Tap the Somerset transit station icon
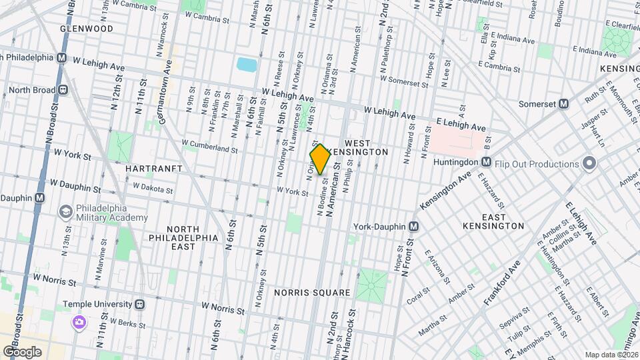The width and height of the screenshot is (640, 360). [x=563, y=103]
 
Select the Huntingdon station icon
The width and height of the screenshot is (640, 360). [x=486, y=162]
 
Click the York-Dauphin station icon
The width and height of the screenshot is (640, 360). [x=414, y=227]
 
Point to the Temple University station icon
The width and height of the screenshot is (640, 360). [x=140, y=304]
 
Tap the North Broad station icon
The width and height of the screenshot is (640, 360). [x=63, y=89]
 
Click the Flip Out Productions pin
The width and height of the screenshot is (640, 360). [x=589, y=163]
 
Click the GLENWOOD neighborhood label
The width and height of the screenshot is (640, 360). [x=86, y=29]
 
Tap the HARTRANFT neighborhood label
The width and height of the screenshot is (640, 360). [x=154, y=169]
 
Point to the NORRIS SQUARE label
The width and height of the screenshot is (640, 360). [x=311, y=293]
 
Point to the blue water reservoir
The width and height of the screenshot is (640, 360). [x=246, y=65]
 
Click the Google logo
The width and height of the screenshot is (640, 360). [x=23, y=351]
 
